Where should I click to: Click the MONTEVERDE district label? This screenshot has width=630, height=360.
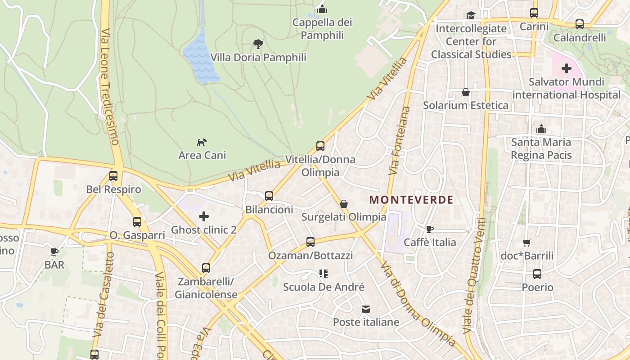click(411, 200)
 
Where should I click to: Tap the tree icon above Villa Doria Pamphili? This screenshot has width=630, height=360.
click(258, 44)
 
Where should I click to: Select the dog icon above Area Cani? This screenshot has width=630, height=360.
click(202, 142)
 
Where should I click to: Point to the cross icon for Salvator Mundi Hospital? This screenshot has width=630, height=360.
click(566, 69)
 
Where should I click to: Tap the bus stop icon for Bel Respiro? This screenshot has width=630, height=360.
click(113, 176)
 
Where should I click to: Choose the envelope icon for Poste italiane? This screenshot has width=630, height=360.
click(366, 309)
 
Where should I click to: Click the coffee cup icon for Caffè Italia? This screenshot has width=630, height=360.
click(430, 229)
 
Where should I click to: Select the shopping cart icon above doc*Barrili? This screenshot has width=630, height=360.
click(527, 243)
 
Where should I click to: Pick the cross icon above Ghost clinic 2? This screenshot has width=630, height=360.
click(204, 216)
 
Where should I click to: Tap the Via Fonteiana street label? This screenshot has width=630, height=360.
click(400, 140)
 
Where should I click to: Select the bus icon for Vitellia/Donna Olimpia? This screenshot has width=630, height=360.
click(320, 146)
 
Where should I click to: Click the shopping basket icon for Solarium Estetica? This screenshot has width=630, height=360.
click(466, 92)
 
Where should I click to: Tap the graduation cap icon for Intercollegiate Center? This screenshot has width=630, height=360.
click(471, 15)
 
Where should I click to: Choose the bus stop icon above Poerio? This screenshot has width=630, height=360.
click(537, 274)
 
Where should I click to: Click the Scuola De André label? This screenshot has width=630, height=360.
click(324, 287)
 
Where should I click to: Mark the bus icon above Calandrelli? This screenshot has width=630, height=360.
click(580, 24)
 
